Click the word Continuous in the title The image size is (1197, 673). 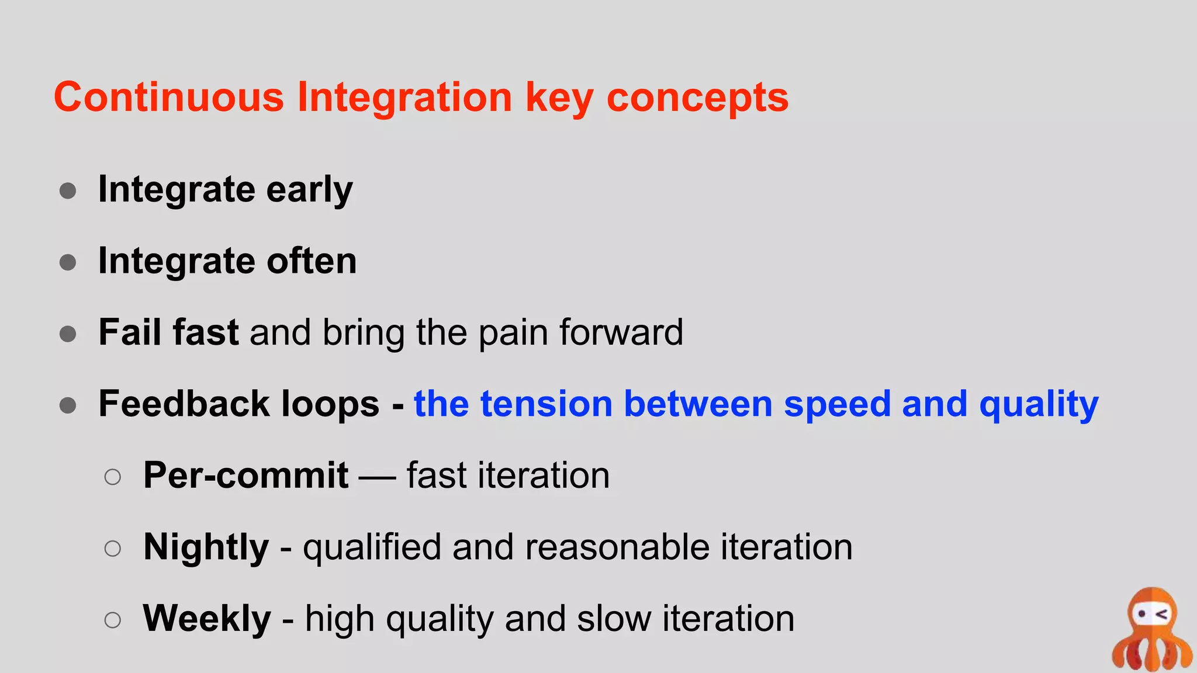tap(168, 97)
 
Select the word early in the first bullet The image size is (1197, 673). tap(309, 190)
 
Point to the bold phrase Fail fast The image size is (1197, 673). tap(168, 332)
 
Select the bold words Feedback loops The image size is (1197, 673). tap(238, 404)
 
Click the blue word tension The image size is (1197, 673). tap(546, 404)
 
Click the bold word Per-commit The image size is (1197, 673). tap(245, 475)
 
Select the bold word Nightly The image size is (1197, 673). tap(206, 547)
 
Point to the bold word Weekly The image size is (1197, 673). tap(207, 619)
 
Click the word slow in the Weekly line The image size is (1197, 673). tap(614, 619)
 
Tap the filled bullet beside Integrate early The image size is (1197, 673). tap(68, 191)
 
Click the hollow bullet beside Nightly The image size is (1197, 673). tap(112, 549)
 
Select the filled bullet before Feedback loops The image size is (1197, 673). tap(68, 405)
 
